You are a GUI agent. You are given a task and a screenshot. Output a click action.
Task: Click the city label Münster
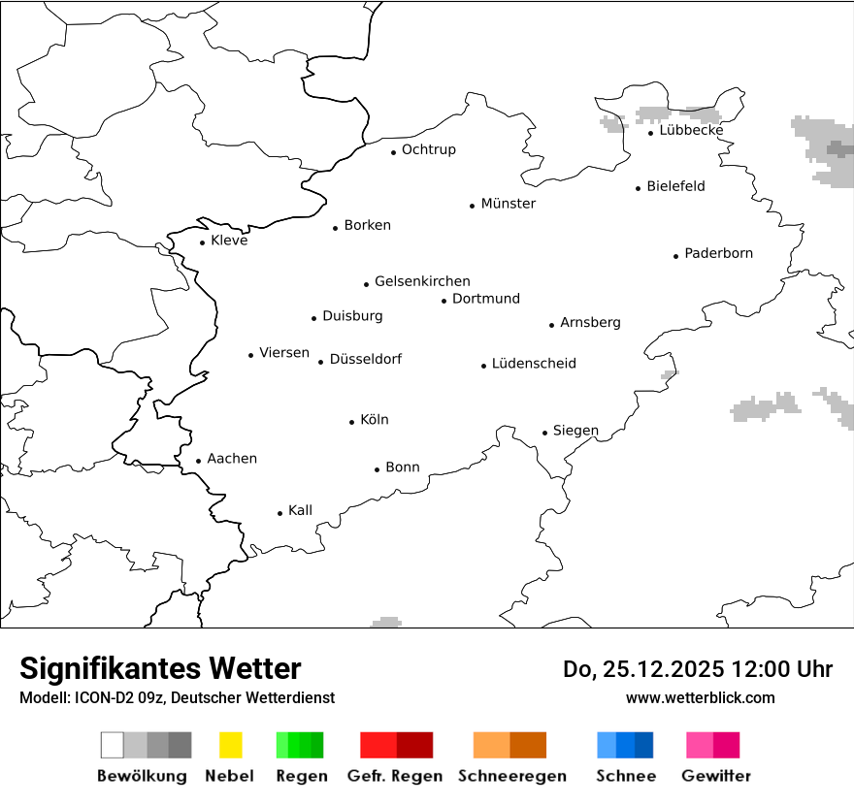pos(509,204)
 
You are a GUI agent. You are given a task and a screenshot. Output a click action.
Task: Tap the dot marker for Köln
pos(352,422)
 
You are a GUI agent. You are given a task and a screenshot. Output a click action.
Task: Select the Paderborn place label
pos(718,254)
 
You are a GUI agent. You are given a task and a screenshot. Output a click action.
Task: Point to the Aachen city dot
pos(199,462)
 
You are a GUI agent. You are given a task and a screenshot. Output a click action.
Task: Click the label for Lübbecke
pos(691,131)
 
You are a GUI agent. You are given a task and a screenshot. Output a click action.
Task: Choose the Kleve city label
pos(229,241)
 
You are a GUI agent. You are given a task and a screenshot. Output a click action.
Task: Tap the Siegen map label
pos(575,431)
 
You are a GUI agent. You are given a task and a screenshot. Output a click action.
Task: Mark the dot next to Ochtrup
pos(394,152)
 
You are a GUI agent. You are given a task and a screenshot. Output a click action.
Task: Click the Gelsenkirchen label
pos(422,281)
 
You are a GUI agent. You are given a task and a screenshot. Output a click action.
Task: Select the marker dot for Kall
pos(280,513)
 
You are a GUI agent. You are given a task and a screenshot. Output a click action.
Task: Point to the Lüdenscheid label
pos(534,364)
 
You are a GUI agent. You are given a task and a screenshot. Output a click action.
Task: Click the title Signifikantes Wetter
pos(160,669)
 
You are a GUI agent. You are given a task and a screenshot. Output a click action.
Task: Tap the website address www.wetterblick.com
pos(700,697)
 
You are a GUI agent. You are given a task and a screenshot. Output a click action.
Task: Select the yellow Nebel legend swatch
pos(230,745)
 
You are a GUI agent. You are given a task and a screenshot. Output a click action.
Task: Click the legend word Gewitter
pos(716,776)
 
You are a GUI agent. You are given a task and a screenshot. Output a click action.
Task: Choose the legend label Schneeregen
pos(512,776)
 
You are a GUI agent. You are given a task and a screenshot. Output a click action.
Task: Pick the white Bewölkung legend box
pos(113,745)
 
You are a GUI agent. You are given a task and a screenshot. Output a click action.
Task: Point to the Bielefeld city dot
pos(639,188)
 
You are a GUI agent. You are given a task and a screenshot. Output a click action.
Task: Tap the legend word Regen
pos(301,776)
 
